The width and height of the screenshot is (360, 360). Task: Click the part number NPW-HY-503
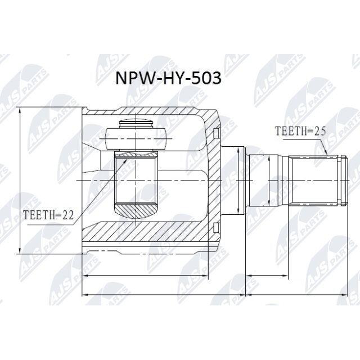coord(168,78)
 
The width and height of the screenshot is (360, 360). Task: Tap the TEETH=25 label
coord(300,131)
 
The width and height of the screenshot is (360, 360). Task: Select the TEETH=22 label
coord(49,215)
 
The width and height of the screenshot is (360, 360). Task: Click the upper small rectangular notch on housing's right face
coord(215,133)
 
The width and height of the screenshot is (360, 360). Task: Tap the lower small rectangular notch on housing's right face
coord(215,228)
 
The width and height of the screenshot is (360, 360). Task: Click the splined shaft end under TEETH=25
coord(317,181)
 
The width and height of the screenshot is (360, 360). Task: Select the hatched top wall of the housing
coord(147,112)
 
